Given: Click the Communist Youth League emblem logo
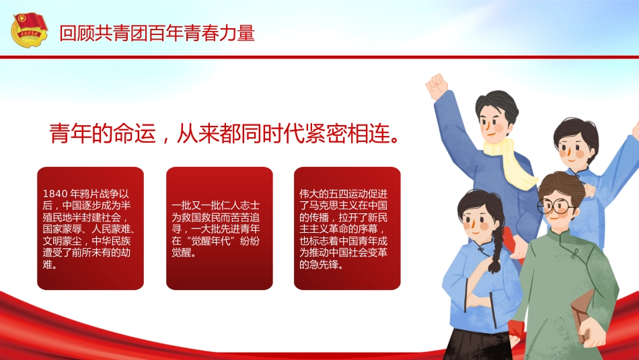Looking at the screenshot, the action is (30, 30).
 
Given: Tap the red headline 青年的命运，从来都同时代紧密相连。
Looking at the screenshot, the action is (225, 133).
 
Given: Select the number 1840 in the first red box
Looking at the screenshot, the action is (55, 194).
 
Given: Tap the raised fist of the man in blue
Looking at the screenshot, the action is (437, 85).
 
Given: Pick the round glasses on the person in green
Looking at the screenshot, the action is (555, 207).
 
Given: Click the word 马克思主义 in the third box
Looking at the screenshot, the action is (334, 205).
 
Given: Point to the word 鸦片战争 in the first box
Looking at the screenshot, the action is (100, 194).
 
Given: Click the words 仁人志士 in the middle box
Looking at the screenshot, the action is (239, 205).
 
